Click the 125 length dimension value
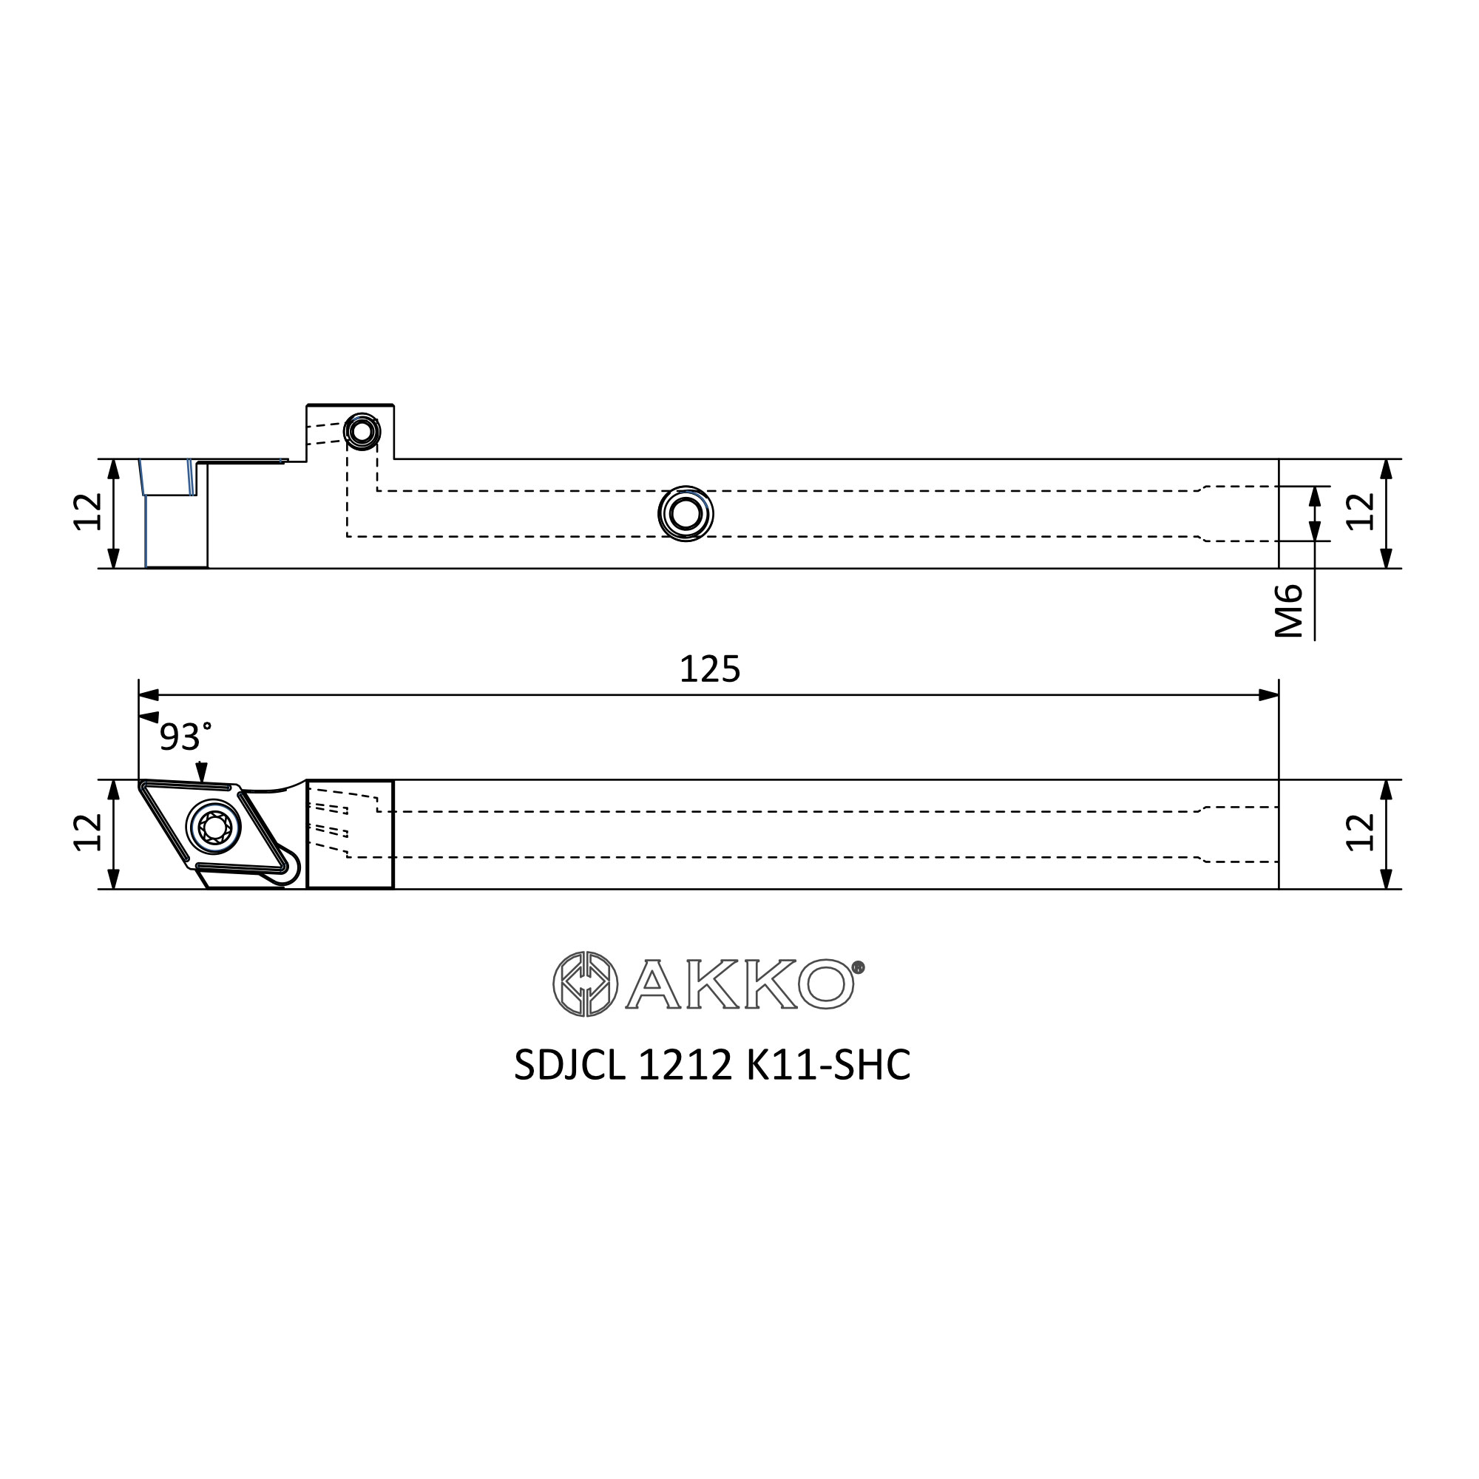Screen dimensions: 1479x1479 pos(710,669)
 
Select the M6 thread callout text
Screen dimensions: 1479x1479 pos(1289,611)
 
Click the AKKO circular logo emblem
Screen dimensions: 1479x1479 pos(585,984)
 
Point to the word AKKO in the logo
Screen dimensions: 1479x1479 pos(740,984)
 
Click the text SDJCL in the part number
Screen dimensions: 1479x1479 pos(569,1065)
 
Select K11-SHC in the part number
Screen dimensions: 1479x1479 pos(828,1065)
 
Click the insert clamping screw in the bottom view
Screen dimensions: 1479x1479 pos(214,826)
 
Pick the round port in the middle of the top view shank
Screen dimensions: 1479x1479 pos(686,514)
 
